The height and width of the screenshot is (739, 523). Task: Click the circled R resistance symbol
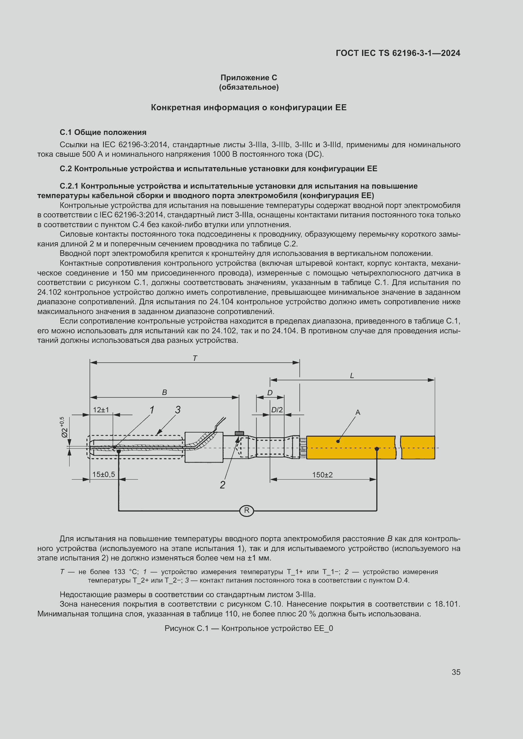[x=246, y=511]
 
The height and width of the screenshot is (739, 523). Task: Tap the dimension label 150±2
[x=322, y=475]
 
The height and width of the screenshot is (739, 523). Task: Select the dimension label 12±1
[x=101, y=410]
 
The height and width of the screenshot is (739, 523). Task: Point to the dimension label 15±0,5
[x=103, y=474]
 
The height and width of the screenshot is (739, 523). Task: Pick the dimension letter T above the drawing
[x=195, y=358]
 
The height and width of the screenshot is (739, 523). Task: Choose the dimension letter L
[x=352, y=376]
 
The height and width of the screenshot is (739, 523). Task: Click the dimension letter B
[x=164, y=392]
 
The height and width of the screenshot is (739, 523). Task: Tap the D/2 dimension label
[x=277, y=410]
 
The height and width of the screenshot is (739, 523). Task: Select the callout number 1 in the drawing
[x=152, y=410]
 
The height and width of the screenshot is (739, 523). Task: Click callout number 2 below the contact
[x=223, y=485]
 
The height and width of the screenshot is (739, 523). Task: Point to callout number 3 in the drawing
[x=178, y=409]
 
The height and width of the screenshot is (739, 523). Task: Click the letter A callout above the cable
[x=358, y=412]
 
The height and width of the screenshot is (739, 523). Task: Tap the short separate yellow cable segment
[x=418, y=447]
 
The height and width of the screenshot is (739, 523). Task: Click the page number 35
[x=456, y=672]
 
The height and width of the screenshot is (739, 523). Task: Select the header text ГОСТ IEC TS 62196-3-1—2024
[x=398, y=53]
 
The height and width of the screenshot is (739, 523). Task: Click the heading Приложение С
[x=249, y=78]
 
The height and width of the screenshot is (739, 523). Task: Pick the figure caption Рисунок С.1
[x=249, y=628]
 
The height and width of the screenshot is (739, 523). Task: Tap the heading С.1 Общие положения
[x=103, y=132]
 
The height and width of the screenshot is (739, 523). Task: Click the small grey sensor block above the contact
[x=239, y=433]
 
